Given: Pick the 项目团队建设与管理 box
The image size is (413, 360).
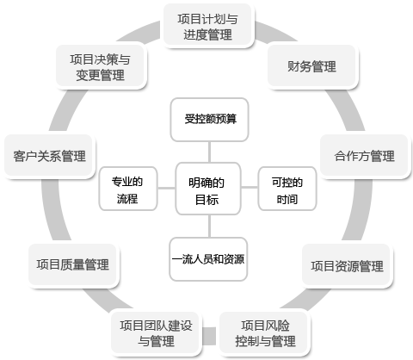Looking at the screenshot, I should tap(156, 332).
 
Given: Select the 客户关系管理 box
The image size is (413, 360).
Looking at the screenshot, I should tap(49, 156).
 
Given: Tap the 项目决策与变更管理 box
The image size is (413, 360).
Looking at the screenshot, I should tap(100, 66).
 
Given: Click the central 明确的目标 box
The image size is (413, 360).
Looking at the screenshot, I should tap(206, 190).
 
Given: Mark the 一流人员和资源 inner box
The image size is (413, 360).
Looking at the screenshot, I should tap(208, 258).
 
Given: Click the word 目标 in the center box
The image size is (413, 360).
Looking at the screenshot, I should tap(206, 200).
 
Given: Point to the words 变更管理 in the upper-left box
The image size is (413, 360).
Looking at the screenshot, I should tap(100, 76).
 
